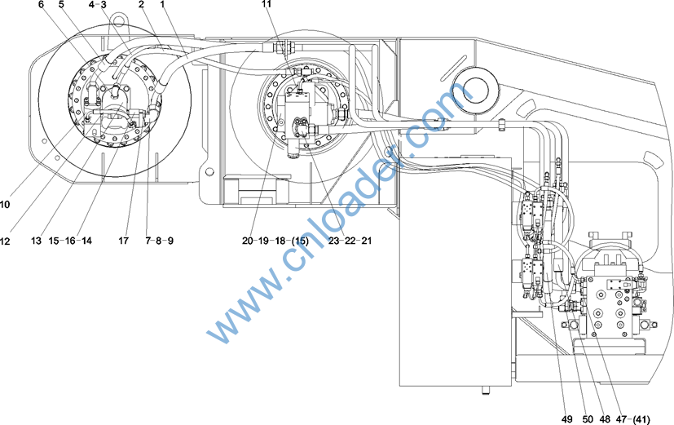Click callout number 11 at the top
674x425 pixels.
[267, 4]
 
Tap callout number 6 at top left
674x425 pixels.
[41, 5]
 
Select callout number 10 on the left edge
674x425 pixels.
[4, 204]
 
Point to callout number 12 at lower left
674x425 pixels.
[5, 241]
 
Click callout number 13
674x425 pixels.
[36, 241]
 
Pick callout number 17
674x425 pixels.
[123, 241]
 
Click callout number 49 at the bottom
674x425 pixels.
[567, 419]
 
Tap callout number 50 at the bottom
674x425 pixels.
[588, 419]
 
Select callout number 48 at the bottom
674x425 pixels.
[605, 419]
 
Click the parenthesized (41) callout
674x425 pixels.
[641, 419]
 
